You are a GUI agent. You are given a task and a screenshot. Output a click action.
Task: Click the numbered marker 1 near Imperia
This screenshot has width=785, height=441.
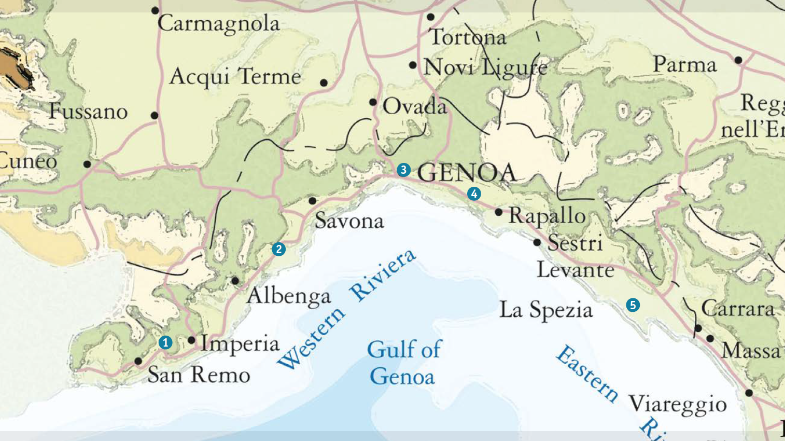coord(165,342)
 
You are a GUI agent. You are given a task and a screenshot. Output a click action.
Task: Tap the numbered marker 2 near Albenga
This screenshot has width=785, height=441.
coord(278,249)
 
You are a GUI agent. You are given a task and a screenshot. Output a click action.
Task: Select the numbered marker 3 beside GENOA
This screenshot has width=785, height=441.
coord(403,170)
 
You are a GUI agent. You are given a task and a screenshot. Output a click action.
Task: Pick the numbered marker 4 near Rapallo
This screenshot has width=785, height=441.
coord(474,194)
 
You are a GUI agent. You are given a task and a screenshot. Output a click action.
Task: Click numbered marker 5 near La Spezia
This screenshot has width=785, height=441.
coord(633,305)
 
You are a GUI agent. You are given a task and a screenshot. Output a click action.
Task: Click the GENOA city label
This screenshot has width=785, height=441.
coord(467,173)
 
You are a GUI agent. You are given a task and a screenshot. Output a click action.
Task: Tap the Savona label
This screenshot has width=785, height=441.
coord(349,222)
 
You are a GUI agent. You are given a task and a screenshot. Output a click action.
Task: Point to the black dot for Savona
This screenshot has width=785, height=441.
coord(312,201)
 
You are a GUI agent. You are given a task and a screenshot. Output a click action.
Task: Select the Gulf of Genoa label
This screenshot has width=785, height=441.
coord(403,363)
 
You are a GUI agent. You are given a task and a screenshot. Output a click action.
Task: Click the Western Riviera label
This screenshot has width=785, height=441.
coord(346,310)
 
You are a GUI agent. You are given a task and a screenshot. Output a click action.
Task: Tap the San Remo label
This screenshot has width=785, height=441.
coord(199,375)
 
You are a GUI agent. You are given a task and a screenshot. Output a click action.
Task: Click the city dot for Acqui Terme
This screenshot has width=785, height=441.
coord(324,83)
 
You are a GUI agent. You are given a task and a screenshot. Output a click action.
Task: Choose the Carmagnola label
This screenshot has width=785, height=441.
coord(218,24)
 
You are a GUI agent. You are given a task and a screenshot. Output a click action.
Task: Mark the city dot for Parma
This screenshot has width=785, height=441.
coord(738,60)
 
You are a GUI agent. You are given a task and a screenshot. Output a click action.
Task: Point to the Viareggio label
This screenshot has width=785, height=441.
coord(677,404)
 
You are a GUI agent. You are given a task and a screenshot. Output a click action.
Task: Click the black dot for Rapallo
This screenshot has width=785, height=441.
coord(498,212)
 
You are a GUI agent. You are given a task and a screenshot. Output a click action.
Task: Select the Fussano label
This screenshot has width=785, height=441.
coord(88,112)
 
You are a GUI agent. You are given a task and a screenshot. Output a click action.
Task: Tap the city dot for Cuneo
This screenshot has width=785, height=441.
coord(87,164)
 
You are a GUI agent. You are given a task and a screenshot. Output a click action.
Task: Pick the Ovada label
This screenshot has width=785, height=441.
coord(414,107)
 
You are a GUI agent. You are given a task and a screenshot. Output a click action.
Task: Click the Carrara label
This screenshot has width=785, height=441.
coord(738,309)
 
